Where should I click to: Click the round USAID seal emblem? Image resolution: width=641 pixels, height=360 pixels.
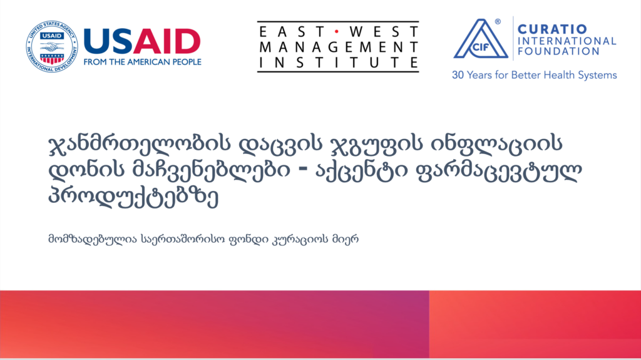point(51,46)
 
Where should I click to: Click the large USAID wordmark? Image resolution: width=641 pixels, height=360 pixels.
point(142,42)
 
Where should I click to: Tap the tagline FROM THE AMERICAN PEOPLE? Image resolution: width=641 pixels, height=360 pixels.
point(142,62)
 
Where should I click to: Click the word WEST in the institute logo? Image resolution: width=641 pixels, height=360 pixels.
point(384,31)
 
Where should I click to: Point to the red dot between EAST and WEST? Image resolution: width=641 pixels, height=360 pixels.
point(337,31)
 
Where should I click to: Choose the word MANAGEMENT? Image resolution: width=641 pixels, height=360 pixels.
point(339,47)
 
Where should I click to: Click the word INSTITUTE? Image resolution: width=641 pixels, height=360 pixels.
point(339,62)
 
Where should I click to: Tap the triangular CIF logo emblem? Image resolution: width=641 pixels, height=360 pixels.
point(481,39)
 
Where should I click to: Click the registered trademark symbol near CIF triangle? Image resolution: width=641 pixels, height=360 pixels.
point(498,22)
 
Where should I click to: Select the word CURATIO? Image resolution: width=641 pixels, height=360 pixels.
point(552,29)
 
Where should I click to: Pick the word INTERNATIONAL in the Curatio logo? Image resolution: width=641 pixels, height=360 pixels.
point(567,41)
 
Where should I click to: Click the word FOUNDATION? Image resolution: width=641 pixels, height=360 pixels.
point(558,51)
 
